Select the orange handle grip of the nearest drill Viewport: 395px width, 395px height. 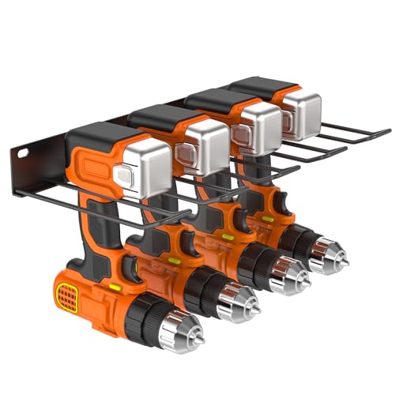tap(99, 229)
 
